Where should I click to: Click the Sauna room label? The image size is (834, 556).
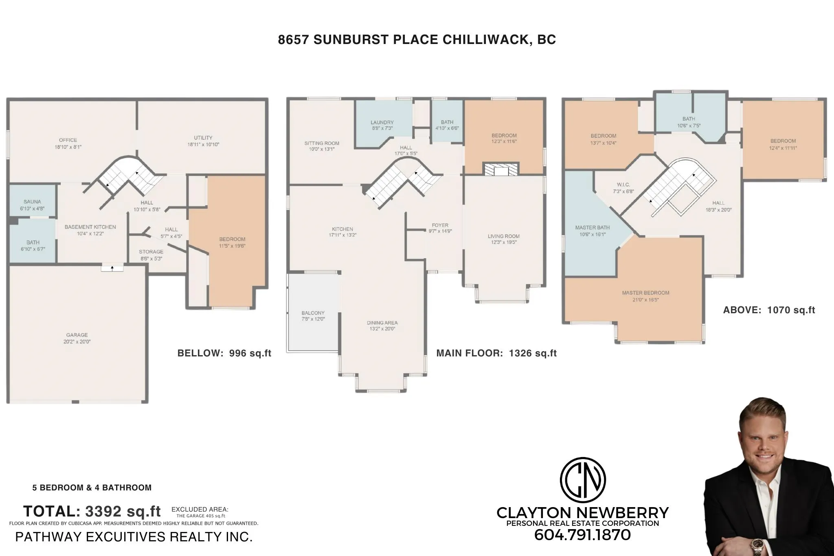click(32, 202)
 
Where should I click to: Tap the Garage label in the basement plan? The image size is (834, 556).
click(77, 335)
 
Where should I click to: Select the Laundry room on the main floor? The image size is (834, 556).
click(382, 122)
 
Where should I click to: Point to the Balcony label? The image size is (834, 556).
click(313, 313)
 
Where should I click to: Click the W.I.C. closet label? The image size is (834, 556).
click(623, 185)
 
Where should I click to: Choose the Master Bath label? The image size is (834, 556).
click(592, 228)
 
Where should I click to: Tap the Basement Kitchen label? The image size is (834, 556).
click(90, 227)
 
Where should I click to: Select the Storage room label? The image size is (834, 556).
click(151, 252)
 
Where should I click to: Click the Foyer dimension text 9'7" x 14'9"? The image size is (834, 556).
click(440, 231)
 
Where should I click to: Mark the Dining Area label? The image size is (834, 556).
click(382, 323)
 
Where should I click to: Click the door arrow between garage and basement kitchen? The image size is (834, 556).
click(112, 268)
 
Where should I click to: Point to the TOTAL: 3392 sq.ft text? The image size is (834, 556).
click(92, 511)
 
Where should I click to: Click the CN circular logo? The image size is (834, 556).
click(583, 480)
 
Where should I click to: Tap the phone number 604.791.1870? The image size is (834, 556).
click(582, 535)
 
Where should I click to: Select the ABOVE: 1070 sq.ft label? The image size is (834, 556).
click(769, 310)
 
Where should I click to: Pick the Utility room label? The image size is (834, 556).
click(203, 138)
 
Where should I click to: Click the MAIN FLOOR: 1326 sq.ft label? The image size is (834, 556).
click(496, 353)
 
